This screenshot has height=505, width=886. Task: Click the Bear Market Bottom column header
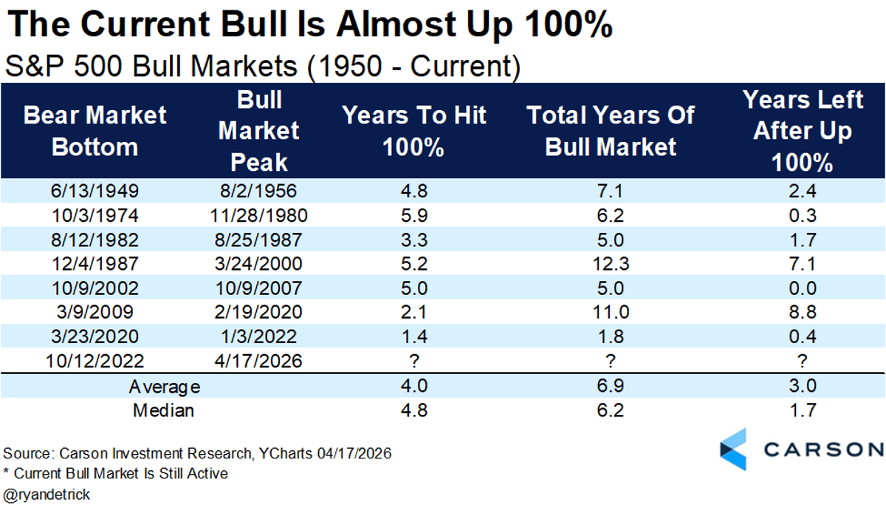pyautogui.click(x=95, y=131)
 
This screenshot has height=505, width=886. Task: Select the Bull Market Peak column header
pyautogui.click(x=258, y=131)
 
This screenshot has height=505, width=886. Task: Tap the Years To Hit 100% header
pyautogui.click(x=413, y=131)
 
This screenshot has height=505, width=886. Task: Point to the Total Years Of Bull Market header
pyautogui.click(x=611, y=131)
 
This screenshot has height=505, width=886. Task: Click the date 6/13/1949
pyautogui.click(x=95, y=191)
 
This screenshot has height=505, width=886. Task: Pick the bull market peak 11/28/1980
pyautogui.click(x=258, y=215)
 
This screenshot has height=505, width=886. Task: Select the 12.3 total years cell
pyautogui.click(x=611, y=263)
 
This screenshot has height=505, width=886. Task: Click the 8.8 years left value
pyautogui.click(x=802, y=312)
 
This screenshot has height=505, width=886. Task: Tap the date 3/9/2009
pyautogui.click(x=95, y=312)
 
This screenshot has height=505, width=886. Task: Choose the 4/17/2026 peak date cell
pyautogui.click(x=258, y=361)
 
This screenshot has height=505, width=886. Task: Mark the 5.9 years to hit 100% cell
pyautogui.click(x=413, y=215)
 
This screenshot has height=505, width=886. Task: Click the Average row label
pyautogui.click(x=164, y=386)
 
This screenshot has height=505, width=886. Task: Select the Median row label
pyautogui.click(x=164, y=410)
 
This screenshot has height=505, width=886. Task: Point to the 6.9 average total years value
pyautogui.click(x=611, y=386)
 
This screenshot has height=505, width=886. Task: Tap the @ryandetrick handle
pyautogui.click(x=47, y=494)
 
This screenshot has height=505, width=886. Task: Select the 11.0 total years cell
pyautogui.click(x=611, y=312)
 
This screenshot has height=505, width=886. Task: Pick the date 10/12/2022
pyautogui.click(x=95, y=361)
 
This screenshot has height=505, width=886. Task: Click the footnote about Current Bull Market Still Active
pyautogui.click(x=116, y=473)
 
